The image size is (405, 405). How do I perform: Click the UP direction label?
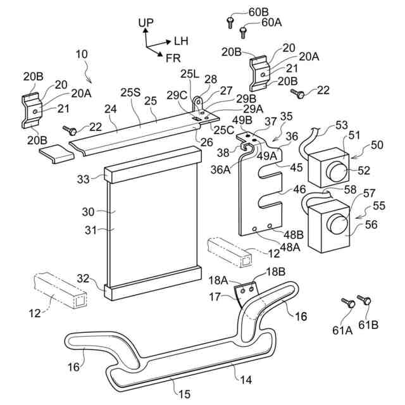click(146, 22)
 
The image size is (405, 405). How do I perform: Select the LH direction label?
click(181, 40)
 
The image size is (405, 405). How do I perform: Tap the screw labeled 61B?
click(363, 299)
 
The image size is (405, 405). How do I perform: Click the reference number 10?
click(82, 54)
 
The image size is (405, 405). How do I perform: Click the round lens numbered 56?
click(338, 223)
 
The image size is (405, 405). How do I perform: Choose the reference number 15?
click(184, 394)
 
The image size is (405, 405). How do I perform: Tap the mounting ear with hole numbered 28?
click(198, 101)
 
